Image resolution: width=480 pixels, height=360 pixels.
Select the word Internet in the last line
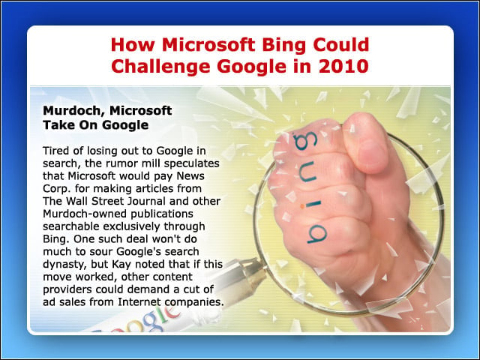pos(139,302)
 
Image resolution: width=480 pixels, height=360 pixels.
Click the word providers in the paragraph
pos(67,289)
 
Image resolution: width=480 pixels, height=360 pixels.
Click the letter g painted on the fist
pos(305,141)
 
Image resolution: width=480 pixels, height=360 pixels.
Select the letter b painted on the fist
pos(316,234)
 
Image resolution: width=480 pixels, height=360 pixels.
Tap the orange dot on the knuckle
pos(302,206)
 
